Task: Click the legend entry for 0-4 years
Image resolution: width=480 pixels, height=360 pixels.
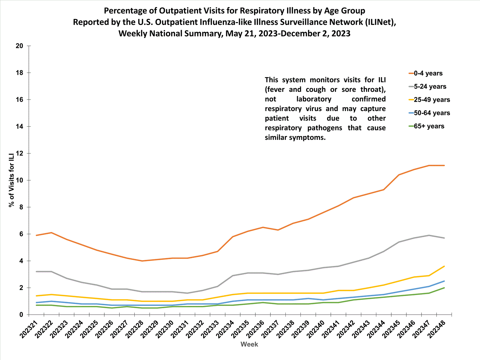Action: pyautogui.click(x=426, y=73)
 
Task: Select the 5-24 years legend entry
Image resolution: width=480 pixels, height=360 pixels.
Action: pyautogui.click(x=427, y=86)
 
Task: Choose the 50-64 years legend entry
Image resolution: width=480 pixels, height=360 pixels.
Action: pyautogui.click(x=429, y=113)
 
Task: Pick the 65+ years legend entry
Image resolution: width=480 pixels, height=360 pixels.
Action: pyautogui.click(x=427, y=126)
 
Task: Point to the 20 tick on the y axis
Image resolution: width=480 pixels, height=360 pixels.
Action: pyautogui.click(x=20, y=46)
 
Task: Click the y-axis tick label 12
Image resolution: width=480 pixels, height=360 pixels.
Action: pyautogui.click(x=20, y=154)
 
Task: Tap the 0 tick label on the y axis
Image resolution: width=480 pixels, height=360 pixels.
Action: pyautogui.click(x=21, y=315)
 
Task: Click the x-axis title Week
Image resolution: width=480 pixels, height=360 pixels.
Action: pyautogui.click(x=249, y=344)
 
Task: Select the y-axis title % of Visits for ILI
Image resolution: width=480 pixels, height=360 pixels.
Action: pyautogui.click(x=12, y=180)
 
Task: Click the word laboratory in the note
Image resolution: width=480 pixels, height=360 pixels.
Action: pyautogui.click(x=314, y=99)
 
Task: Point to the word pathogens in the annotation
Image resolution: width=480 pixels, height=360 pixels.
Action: pyautogui.click(x=325, y=128)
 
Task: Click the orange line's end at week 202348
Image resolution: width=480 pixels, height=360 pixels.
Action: pyautogui.click(x=444, y=165)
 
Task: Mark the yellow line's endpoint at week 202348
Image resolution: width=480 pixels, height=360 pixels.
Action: pyautogui.click(x=444, y=266)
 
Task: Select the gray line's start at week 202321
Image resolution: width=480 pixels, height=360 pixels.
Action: pyautogui.click(x=36, y=271)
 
